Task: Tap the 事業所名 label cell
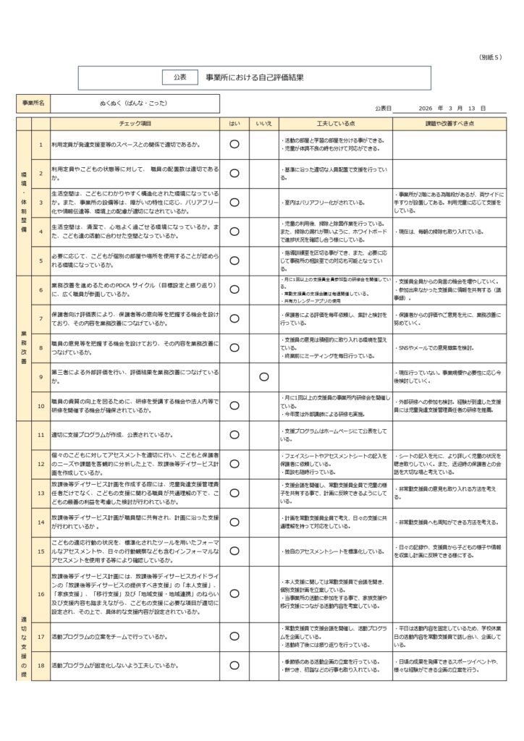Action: click(x=33, y=103)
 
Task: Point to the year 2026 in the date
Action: click(x=425, y=109)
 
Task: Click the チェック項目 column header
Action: click(x=135, y=124)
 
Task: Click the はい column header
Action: click(x=234, y=124)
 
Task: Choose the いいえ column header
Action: click(x=263, y=124)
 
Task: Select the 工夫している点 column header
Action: click(x=335, y=124)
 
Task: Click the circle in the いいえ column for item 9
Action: click(x=263, y=376)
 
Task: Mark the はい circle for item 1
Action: click(x=234, y=144)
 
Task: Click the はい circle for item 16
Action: click(x=234, y=596)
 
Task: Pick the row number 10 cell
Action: click(x=41, y=405)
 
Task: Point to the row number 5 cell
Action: click(x=41, y=261)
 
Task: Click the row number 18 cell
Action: click(x=41, y=665)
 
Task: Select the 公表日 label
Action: click(x=383, y=109)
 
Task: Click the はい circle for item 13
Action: click(x=234, y=492)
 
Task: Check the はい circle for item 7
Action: click(x=234, y=318)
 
